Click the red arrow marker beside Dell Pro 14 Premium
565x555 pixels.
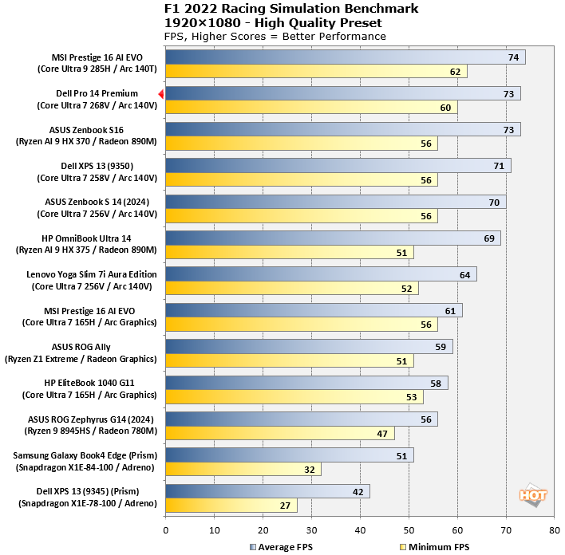[160, 94]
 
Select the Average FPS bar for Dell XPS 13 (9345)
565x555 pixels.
[267, 491]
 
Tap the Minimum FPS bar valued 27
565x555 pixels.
[231, 506]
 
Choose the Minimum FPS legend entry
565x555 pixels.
[432, 546]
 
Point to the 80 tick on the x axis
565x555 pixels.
[554, 529]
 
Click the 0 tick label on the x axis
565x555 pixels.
[165, 529]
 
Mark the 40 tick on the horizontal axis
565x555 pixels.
[360, 529]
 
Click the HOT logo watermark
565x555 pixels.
[533, 494]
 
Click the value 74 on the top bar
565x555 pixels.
[514, 57]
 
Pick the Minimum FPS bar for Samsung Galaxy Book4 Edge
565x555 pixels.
[243, 470]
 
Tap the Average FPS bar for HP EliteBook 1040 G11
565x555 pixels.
[306, 383]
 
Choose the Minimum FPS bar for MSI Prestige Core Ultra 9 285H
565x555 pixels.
[316, 72]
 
